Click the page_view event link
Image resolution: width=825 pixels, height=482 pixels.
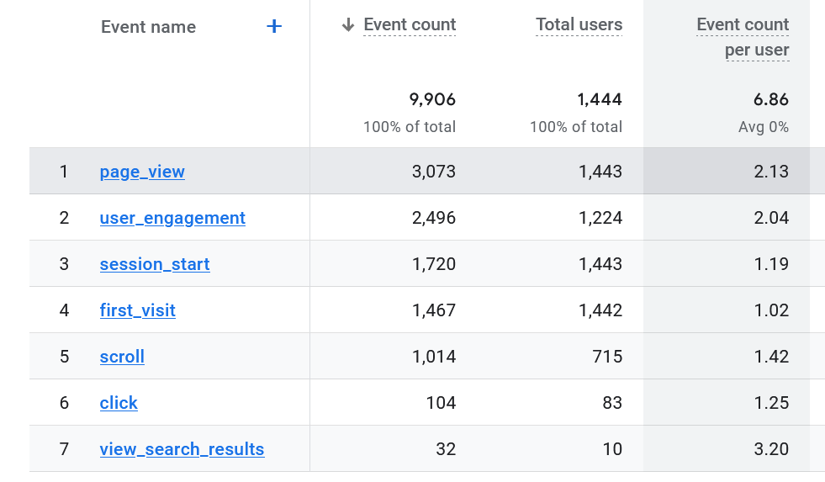[x=142, y=172]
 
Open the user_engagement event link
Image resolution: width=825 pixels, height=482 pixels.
[x=172, y=218]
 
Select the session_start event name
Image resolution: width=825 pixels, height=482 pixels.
[x=155, y=264]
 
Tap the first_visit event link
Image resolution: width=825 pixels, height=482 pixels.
[x=138, y=310]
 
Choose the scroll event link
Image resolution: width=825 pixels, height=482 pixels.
[x=122, y=357]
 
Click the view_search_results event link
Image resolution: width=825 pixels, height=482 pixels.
[x=182, y=449]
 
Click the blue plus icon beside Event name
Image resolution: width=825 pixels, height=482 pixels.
[x=273, y=27]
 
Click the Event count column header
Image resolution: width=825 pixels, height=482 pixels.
[x=410, y=25]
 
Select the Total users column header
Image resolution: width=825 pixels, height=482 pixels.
[x=579, y=25]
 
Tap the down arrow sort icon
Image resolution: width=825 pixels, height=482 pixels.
[x=348, y=25]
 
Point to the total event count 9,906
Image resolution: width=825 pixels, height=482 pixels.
[x=432, y=99]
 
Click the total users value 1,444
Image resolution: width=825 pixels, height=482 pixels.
[x=600, y=99]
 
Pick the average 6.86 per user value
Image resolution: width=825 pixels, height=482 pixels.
[x=771, y=99]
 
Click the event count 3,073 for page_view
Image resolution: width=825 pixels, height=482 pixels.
[x=434, y=172]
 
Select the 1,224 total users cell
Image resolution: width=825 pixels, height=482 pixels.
[x=600, y=218]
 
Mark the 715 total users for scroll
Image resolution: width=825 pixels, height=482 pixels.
[x=607, y=357]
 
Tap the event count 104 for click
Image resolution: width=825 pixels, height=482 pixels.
[x=441, y=403]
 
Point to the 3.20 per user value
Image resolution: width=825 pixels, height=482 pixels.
[x=771, y=449]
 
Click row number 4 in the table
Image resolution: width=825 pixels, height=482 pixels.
[x=64, y=310]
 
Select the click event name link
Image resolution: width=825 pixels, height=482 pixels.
[x=119, y=403]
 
